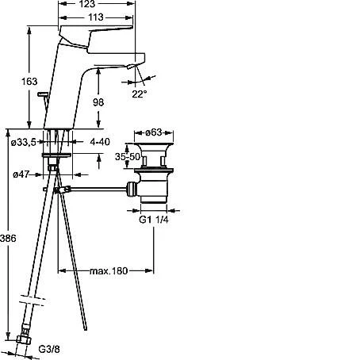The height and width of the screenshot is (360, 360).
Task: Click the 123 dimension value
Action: (x=87, y=3)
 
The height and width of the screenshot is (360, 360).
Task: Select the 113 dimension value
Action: (x=95, y=17)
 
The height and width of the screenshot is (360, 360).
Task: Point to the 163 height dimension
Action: (x=29, y=81)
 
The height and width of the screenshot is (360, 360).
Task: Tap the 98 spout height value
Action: (x=98, y=102)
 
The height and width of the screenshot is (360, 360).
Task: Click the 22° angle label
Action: (x=140, y=94)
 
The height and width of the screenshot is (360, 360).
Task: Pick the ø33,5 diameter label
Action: (x=23, y=143)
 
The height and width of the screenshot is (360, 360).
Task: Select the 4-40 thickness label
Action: (x=100, y=142)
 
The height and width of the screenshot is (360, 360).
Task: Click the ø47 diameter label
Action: (x=21, y=174)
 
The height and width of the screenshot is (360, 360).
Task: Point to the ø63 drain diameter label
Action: (x=154, y=132)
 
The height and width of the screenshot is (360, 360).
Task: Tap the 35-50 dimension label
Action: (x=128, y=157)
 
